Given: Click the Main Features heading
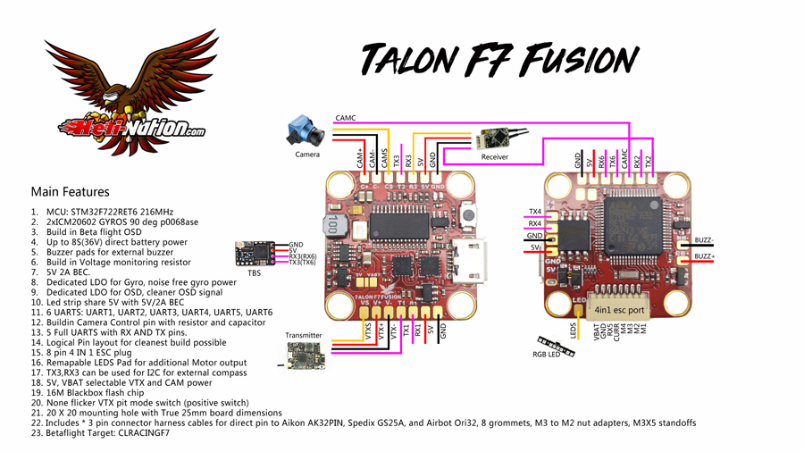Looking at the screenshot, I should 70,191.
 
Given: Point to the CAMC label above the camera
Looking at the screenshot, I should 345,117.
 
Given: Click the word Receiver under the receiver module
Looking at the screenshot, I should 494,157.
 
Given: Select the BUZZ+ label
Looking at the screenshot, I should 705,256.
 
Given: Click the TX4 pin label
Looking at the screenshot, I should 534,212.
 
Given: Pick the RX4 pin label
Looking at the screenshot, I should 534,223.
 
